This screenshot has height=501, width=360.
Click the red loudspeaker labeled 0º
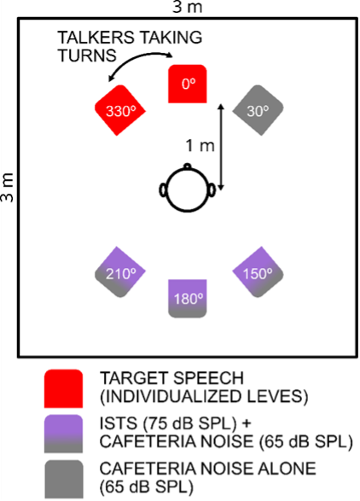(x=188, y=84)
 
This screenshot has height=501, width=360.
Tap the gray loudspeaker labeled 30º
(x=258, y=110)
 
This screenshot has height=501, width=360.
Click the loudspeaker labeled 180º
(x=188, y=299)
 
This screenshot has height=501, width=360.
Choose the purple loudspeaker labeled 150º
(x=258, y=274)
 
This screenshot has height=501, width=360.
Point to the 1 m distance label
(x=200, y=146)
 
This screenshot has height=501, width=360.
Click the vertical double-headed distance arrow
(x=222, y=146)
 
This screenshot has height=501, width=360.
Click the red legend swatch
(x=66, y=388)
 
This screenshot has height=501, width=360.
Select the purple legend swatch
(x=66, y=433)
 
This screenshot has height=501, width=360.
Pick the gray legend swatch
(x=66, y=477)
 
